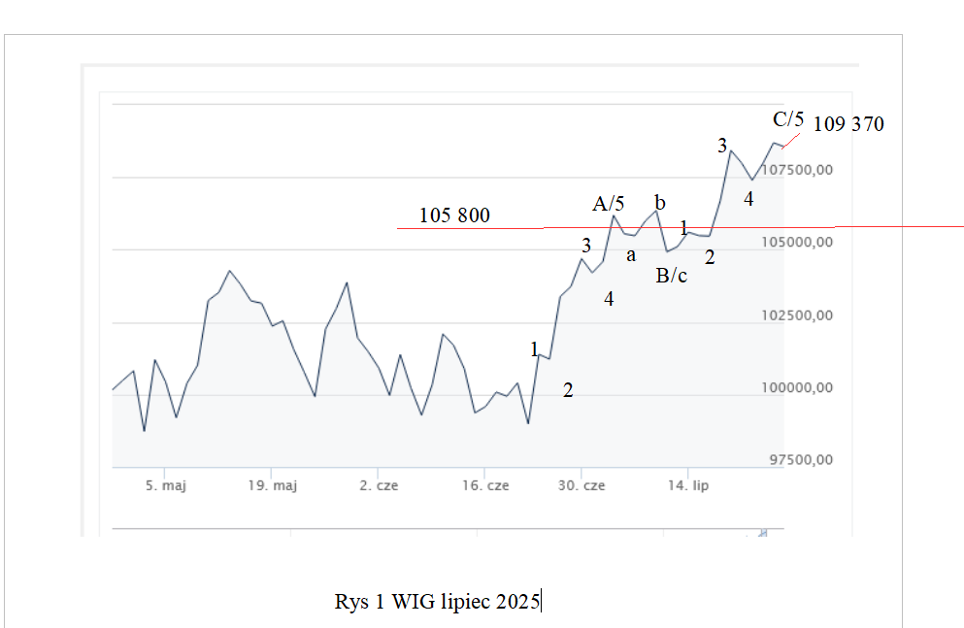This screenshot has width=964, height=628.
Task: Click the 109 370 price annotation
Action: click(848, 124)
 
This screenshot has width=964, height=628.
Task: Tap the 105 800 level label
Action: click(454, 215)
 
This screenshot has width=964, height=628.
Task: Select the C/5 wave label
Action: click(788, 119)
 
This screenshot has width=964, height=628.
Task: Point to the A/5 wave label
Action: click(609, 204)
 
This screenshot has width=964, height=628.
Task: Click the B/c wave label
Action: click(671, 276)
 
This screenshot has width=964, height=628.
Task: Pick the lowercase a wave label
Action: click(631, 255)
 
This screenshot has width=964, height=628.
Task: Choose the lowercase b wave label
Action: click(660, 203)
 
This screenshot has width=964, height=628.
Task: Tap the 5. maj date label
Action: click(165, 485)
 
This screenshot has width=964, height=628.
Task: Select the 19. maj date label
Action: click(272, 485)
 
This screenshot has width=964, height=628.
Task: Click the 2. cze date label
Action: click(379, 485)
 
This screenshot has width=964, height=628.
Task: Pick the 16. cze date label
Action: click(484, 485)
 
